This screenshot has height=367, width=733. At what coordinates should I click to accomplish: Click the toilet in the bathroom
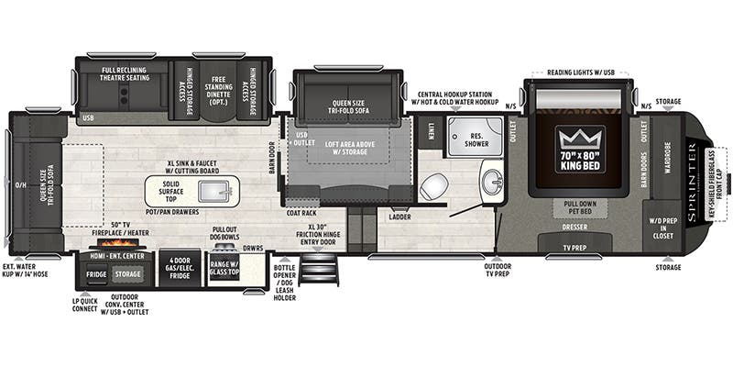pos(432,186)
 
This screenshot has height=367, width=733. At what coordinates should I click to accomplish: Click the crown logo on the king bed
pos(580,140)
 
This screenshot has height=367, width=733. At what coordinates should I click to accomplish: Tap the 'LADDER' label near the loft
pos(399,217)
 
